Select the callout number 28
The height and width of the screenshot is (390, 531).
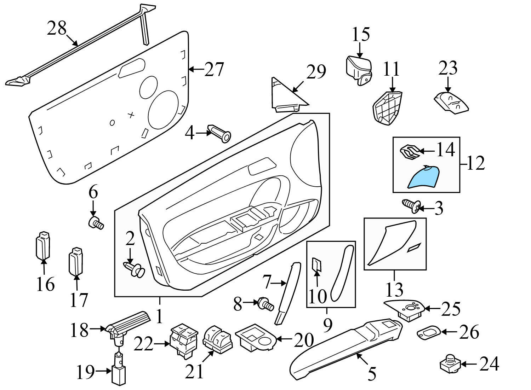(x=57, y=28)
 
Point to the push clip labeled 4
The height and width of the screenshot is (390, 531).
(x=219, y=133)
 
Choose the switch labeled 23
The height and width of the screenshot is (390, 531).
(x=451, y=103)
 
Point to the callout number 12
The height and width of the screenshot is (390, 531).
(x=475, y=164)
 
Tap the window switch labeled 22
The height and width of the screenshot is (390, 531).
(x=184, y=340)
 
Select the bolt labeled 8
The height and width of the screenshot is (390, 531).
(x=265, y=303)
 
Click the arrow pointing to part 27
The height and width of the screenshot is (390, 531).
(x=196, y=69)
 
